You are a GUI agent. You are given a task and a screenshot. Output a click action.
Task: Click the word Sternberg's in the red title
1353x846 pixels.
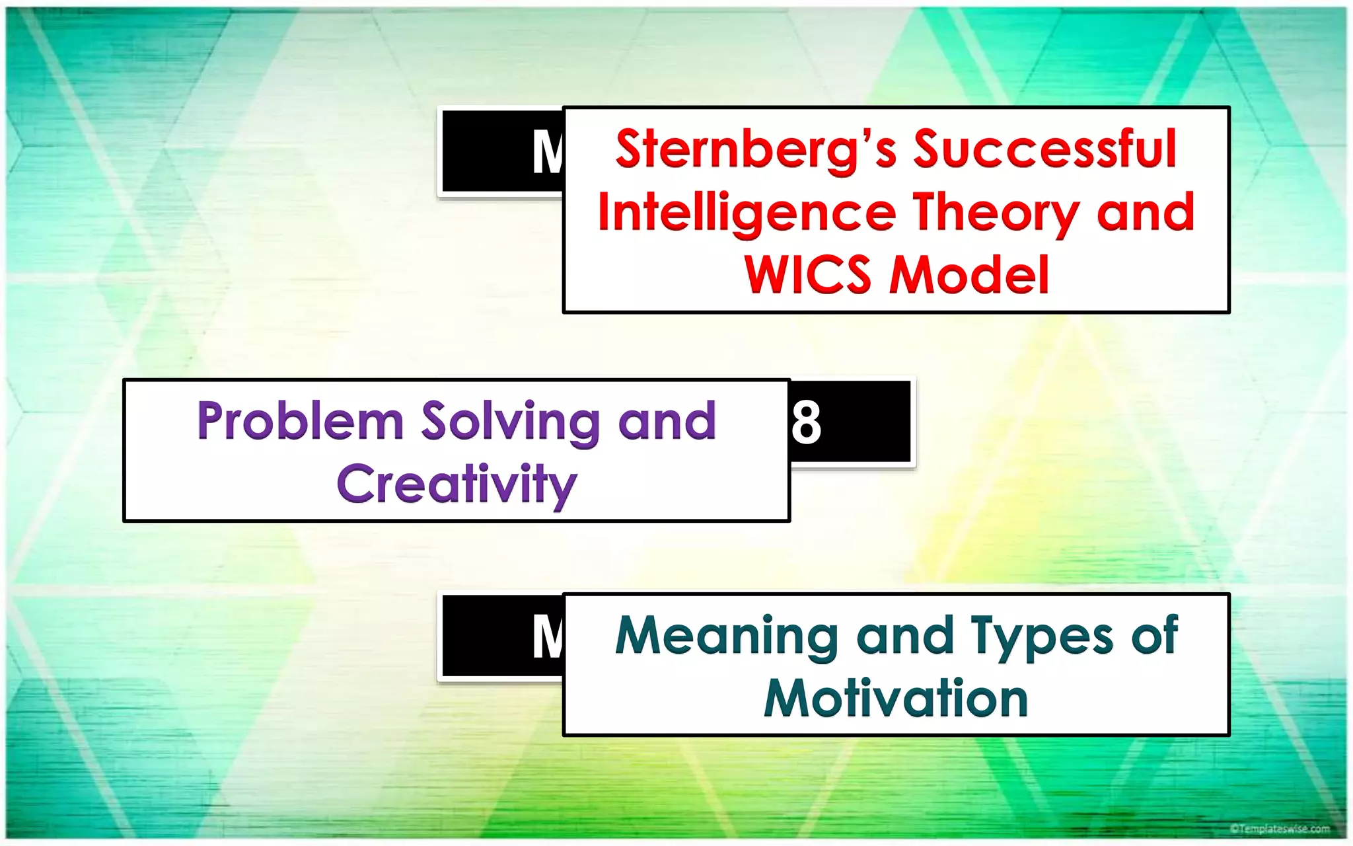[756, 149]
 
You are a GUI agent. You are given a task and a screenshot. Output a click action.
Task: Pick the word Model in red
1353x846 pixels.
[969, 274]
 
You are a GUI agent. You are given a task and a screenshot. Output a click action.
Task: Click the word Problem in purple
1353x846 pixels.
[301, 421]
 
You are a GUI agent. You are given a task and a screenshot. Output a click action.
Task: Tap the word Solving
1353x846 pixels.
[511, 422]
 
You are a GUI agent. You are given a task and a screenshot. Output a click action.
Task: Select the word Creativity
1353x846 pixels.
[457, 484]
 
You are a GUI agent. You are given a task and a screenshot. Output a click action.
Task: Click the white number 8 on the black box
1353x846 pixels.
[807, 422]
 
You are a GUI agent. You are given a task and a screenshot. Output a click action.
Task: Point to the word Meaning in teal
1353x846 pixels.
[727, 636]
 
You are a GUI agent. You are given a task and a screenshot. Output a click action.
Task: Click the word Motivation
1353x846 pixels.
[896, 698]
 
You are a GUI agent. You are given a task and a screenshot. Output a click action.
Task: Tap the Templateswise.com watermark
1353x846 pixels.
[1280, 828]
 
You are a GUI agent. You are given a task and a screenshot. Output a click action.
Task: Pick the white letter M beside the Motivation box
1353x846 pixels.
[548, 637]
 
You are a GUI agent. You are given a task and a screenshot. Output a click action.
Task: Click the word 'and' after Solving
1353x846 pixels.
[667, 421]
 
